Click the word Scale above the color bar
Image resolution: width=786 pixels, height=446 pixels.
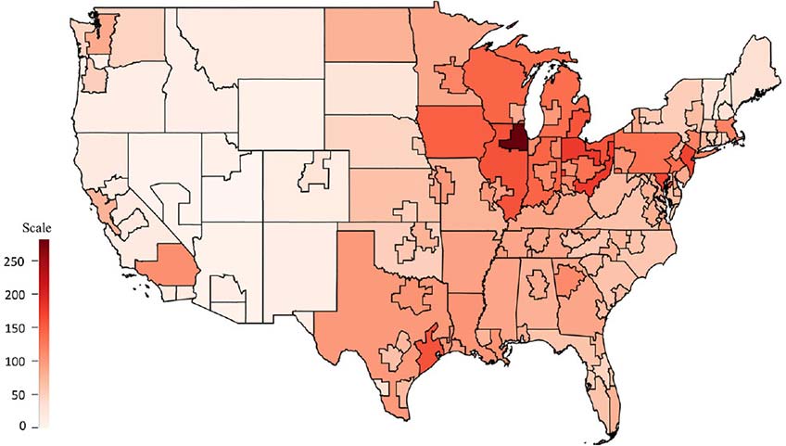click(x=37, y=227)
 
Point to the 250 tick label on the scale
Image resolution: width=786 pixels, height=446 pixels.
click(x=19, y=261)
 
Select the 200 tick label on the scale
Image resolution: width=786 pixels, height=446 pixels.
click(x=19, y=295)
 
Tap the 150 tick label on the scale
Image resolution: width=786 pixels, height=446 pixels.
click(x=19, y=328)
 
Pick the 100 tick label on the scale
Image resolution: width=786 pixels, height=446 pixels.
click(x=19, y=362)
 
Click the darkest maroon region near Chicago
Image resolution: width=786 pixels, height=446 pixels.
click(x=513, y=142)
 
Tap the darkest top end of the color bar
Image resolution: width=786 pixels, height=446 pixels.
click(x=44, y=244)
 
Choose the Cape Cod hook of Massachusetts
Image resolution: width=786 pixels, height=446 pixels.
click(x=744, y=137)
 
